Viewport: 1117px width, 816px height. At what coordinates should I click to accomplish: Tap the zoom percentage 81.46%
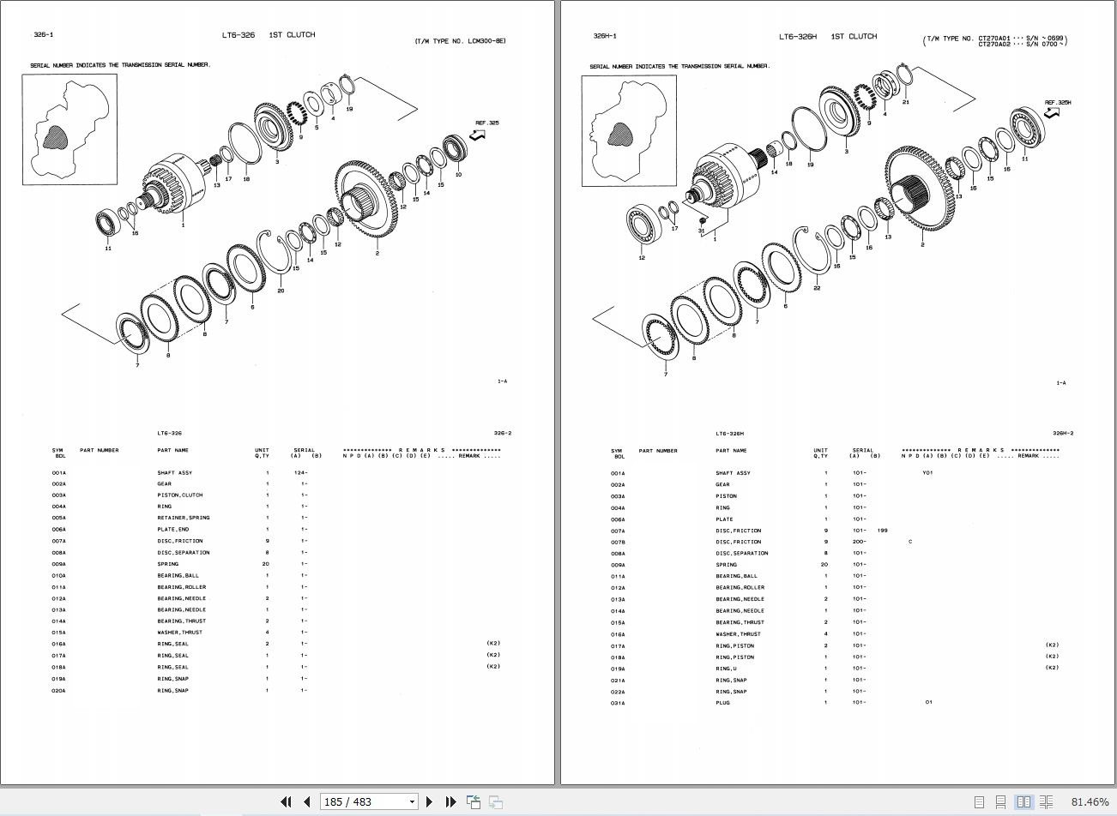[1090, 801]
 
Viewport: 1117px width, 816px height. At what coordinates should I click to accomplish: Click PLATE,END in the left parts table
[172, 530]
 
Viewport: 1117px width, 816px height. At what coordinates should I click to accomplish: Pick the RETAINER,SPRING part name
[183, 518]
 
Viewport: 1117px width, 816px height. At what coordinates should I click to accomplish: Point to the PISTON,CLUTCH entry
[179, 495]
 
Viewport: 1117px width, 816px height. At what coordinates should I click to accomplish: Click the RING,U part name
[727, 669]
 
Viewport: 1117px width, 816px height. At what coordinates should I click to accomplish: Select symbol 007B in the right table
[618, 542]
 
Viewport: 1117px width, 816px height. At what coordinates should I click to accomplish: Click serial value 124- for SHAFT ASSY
[300, 472]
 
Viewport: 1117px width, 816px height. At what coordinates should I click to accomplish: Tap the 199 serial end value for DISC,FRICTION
[883, 531]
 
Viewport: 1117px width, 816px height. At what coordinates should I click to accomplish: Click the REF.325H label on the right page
[1057, 103]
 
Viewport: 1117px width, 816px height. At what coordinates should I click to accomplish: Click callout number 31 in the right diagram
[701, 231]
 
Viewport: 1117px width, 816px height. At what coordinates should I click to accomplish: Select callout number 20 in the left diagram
[281, 291]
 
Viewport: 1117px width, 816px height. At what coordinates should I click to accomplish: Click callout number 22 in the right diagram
[817, 288]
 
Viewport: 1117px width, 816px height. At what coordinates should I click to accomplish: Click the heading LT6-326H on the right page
[797, 37]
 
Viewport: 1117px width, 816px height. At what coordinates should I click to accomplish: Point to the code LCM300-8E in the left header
[486, 41]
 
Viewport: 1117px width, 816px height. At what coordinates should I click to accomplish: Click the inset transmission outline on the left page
[69, 129]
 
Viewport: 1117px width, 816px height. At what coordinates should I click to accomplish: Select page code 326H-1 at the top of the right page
[604, 36]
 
